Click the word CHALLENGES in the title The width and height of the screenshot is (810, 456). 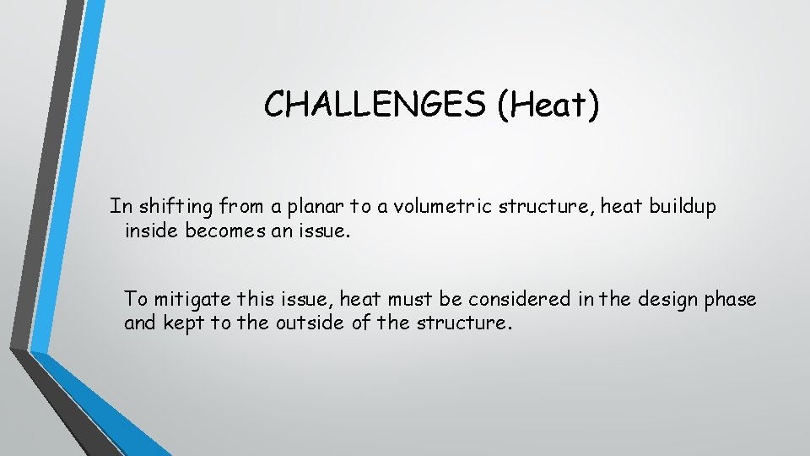[375, 105]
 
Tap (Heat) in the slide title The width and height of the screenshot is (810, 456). [548, 105]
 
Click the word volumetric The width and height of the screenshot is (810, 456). [453, 207]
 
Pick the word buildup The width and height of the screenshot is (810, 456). [680, 207]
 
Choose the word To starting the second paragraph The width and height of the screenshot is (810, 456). [135, 299]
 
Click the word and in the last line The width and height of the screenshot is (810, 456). [140, 323]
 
